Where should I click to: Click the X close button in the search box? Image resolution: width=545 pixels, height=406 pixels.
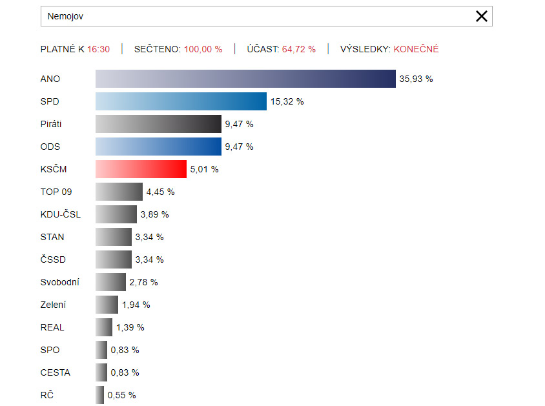tap(482, 16)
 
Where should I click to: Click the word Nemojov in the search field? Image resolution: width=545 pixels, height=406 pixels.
tap(65, 16)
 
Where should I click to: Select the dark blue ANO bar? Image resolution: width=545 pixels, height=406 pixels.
tap(245, 79)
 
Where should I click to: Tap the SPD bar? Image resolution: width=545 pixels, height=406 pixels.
tap(181, 101)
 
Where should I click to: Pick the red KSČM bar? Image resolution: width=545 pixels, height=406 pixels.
tap(141, 169)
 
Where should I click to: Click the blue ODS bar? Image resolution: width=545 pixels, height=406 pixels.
tap(158, 147)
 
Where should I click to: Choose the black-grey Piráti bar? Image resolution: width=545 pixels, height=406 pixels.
tap(158, 124)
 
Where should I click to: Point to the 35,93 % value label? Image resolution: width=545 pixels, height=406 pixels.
tap(416, 79)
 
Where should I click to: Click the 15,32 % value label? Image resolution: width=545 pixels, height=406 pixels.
tap(287, 101)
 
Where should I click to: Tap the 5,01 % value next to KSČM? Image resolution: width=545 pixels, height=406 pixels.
tap(204, 169)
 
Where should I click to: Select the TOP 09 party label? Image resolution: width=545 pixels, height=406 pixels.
tap(56, 192)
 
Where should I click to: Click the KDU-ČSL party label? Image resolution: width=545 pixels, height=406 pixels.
tap(61, 214)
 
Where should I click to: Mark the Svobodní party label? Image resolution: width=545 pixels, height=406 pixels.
tap(60, 282)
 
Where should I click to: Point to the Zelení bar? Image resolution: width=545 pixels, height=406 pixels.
tap(107, 305)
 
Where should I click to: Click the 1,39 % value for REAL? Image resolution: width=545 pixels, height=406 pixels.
tap(130, 327)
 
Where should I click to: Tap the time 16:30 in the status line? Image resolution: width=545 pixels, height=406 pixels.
tap(99, 49)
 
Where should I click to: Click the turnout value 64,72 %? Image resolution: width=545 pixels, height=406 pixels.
tap(299, 49)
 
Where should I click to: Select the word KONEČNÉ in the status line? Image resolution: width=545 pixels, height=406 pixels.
tap(416, 49)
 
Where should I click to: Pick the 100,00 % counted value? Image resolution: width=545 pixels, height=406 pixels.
tap(203, 49)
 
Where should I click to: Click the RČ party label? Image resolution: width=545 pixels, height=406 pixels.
tap(47, 395)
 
